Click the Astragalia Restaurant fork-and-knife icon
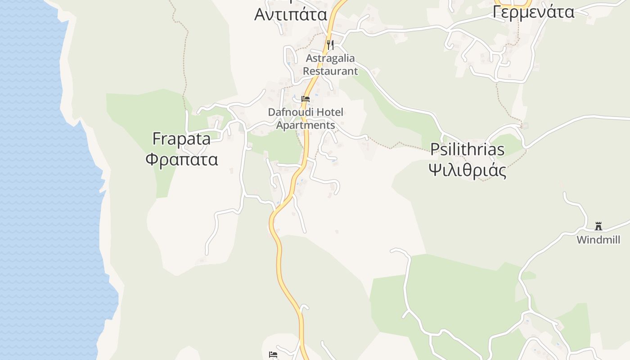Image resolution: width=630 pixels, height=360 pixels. point(330,45)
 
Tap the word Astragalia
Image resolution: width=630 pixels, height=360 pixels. point(330,58)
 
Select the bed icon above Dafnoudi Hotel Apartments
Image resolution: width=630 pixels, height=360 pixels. point(306,99)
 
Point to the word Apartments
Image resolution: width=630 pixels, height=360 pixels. point(306,125)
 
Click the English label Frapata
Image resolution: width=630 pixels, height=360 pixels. point(181,139)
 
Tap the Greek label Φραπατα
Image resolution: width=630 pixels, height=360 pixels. point(182,159)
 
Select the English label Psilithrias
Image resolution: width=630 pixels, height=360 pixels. point(467,149)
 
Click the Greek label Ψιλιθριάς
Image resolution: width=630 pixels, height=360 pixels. point(467,171)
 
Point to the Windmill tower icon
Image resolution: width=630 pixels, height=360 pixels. point(598,226)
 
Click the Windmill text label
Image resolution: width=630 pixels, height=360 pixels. point(598,240)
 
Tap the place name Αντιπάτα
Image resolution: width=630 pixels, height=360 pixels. point(291,14)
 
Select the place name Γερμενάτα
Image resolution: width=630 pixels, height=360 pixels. point(533,12)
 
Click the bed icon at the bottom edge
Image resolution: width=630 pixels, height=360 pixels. point(273,355)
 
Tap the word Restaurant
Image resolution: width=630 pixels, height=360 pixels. point(330,71)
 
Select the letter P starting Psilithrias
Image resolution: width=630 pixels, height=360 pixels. point(435,149)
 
